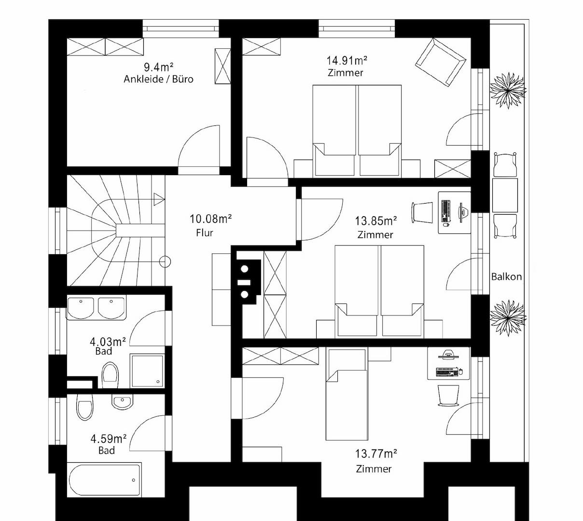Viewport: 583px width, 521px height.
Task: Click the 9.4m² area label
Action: pyautogui.click(x=159, y=68)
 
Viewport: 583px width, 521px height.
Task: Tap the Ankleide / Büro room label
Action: pyautogui.click(x=158, y=79)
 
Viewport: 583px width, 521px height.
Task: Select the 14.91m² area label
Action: pyautogui.click(x=347, y=60)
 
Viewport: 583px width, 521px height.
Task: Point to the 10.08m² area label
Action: pyautogui.click(x=210, y=219)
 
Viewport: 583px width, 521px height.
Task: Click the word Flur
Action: pyautogui.click(x=205, y=233)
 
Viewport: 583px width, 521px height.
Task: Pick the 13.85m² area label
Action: pyautogui.click(x=375, y=221)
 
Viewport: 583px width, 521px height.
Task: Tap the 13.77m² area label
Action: pyautogui.click(x=376, y=453)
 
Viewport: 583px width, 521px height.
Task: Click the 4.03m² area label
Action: pyautogui.click(x=108, y=342)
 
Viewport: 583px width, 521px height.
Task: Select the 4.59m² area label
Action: pyautogui.click(x=108, y=439)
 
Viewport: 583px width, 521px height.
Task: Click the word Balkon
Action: pyautogui.click(x=506, y=277)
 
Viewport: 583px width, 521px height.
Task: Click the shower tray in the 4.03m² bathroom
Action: pyautogui.click(x=147, y=371)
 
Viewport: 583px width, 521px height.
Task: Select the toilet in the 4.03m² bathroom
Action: pyautogui.click(x=110, y=375)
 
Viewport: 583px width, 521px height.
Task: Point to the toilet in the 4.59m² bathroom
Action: pyautogui.click(x=85, y=407)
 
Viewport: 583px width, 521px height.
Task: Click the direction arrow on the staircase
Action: pyautogui.click(x=159, y=199)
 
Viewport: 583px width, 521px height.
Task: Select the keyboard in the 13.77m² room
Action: pyautogui.click(x=446, y=372)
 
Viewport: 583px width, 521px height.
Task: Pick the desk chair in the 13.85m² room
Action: pyautogui.click(x=422, y=212)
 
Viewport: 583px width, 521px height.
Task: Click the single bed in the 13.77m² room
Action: pyautogui.click(x=347, y=394)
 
